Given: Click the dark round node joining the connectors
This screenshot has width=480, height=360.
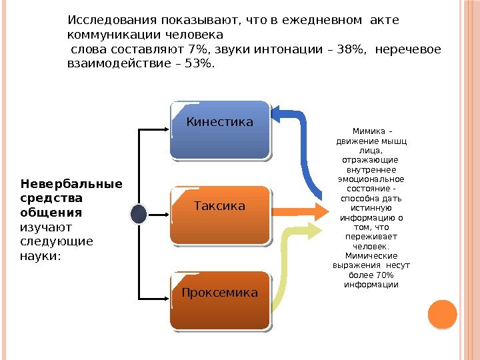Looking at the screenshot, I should click(139, 213).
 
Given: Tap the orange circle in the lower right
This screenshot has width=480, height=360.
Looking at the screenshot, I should click(441, 314).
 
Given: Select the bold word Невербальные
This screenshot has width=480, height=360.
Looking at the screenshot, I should click(71, 184).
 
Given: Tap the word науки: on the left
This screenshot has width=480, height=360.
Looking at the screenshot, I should click(40, 255).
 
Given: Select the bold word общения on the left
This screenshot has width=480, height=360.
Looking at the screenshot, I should click(51, 213).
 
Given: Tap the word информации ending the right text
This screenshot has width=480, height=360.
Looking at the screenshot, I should click(371, 285).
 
